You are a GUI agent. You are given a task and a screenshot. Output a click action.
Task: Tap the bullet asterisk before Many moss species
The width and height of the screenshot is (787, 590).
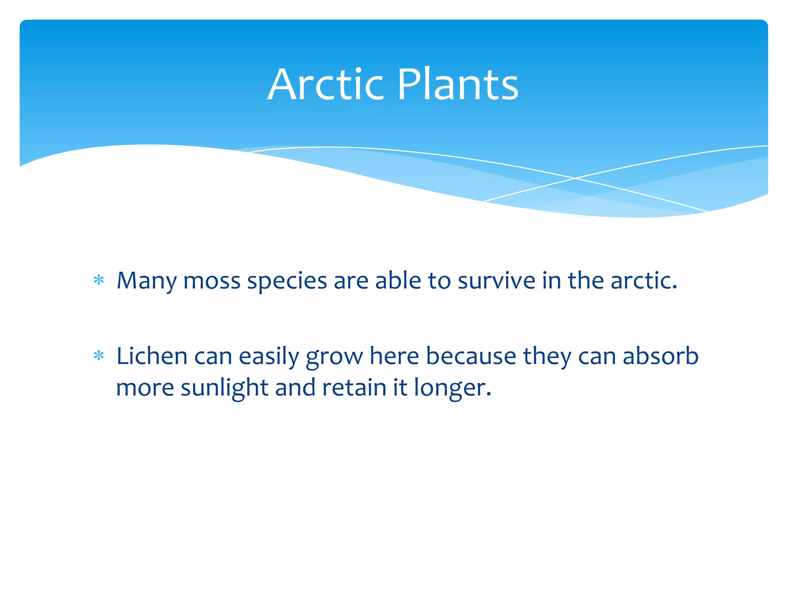coord(99,280)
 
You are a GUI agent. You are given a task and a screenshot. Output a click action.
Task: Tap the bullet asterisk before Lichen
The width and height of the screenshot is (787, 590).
coord(99,356)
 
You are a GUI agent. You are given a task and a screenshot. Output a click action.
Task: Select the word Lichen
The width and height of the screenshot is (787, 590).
coord(152,356)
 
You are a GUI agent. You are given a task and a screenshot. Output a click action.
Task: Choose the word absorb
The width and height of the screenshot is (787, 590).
coord(660,356)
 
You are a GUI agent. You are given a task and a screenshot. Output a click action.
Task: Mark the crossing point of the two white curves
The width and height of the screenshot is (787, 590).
coord(575,178)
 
